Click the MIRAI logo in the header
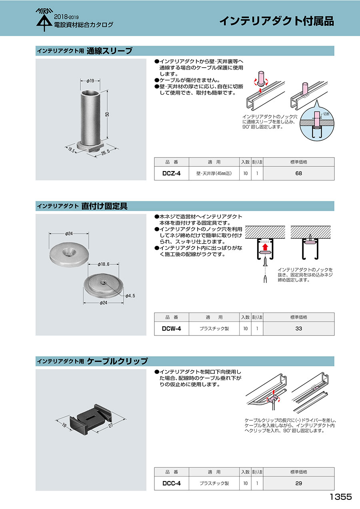pos(44,20)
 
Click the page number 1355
pos(340,497)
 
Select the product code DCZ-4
pos(171,174)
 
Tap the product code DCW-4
pos(171,329)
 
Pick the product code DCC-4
pos(171,483)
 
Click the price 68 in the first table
pos(299,174)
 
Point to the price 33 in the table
pos(299,329)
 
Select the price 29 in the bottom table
pos(299,483)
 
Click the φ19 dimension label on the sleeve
pos(90,81)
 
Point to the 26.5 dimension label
pos(106,152)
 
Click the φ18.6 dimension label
pos(104,264)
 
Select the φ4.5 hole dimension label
pos(130,295)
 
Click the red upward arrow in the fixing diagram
pos(265,247)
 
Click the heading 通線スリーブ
pos(109,51)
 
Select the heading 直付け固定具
pos(104,206)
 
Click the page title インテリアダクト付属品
pos(276,21)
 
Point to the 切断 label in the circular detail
pos(326,114)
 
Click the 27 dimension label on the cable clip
pos(110,425)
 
